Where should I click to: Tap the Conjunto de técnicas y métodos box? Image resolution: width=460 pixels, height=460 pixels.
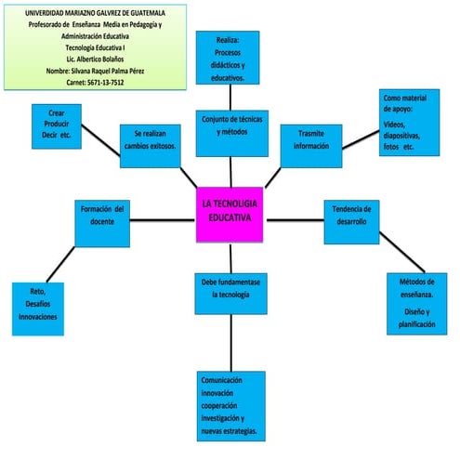230,134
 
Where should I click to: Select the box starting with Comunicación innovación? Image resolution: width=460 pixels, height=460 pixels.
231,406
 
